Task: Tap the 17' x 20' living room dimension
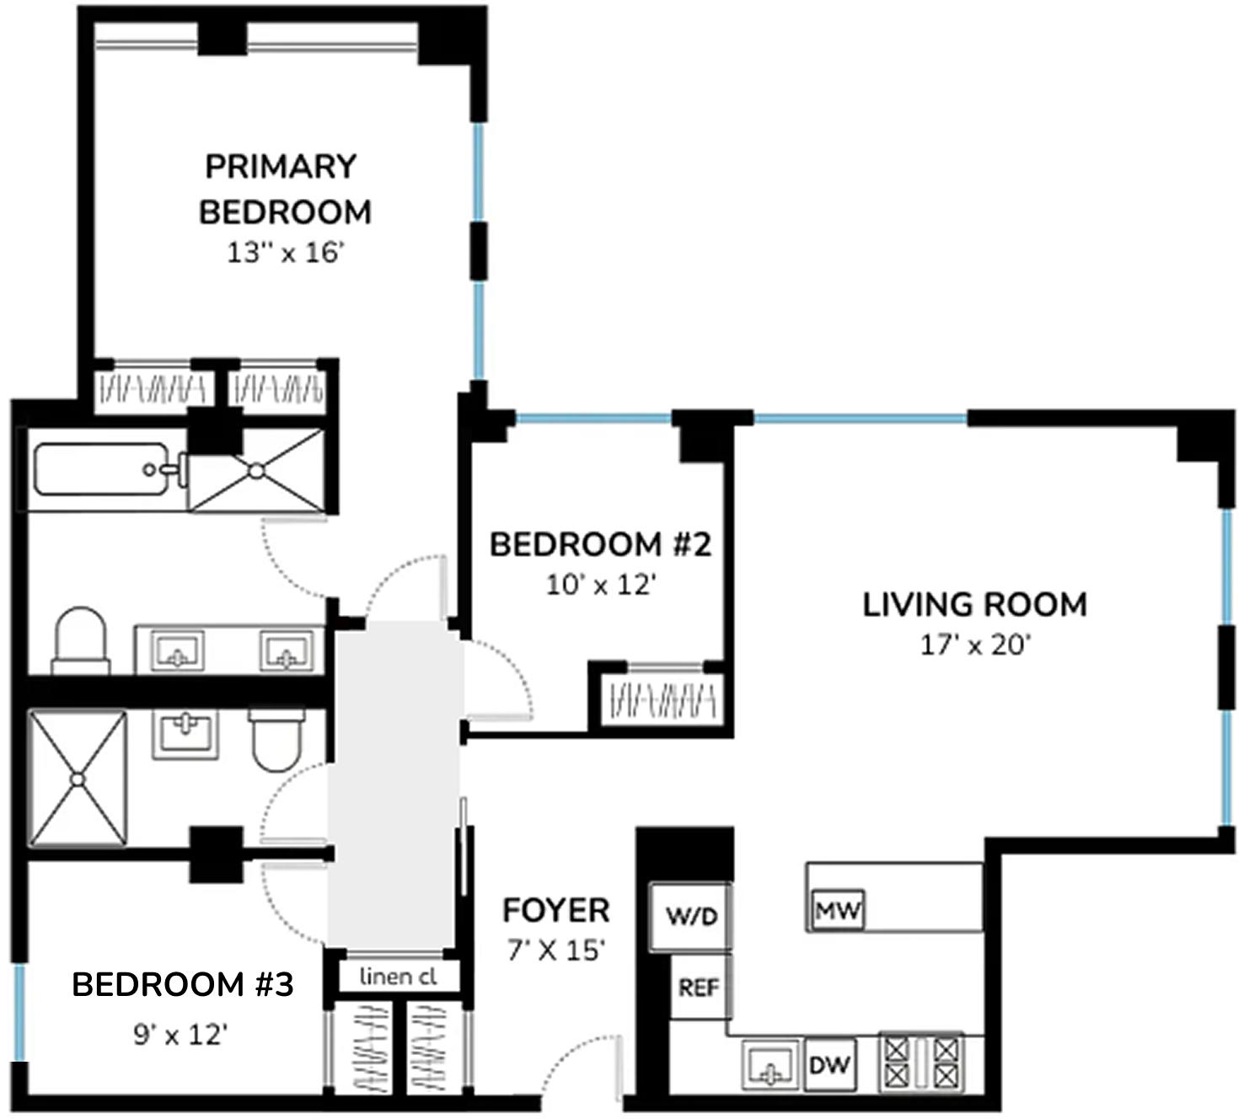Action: (x=975, y=645)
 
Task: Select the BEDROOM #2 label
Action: (x=600, y=544)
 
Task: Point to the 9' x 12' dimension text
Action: (x=180, y=1034)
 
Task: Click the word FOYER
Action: (x=555, y=911)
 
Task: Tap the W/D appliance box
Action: (x=691, y=916)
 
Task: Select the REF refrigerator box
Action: (x=699, y=987)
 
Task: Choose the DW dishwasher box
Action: (x=829, y=1065)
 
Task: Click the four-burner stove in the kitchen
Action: (x=921, y=1062)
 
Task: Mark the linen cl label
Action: (x=398, y=977)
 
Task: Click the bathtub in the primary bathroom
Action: (x=101, y=469)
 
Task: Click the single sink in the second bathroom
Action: (x=185, y=733)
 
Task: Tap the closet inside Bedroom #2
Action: (x=662, y=699)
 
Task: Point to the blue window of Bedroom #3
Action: (x=19, y=1011)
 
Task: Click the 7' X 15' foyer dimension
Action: (x=555, y=950)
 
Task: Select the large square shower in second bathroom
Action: (x=78, y=778)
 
